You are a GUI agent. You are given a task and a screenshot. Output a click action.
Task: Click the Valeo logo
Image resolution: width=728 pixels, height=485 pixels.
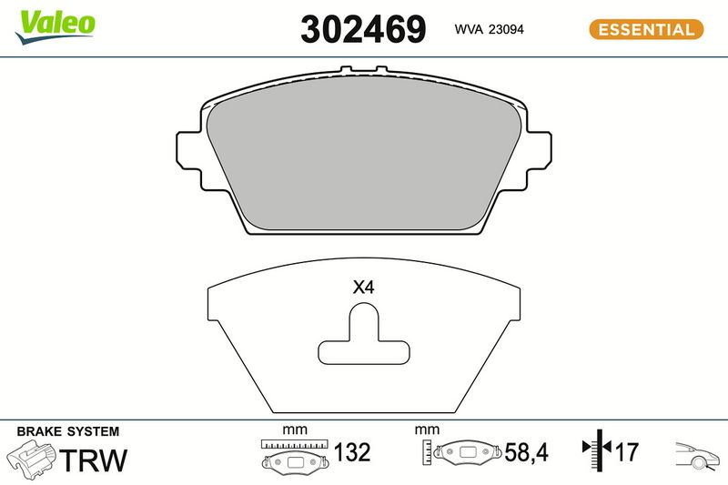pos(56,26)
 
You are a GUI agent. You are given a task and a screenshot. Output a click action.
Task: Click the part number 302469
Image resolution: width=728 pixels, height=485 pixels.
pos(363,29)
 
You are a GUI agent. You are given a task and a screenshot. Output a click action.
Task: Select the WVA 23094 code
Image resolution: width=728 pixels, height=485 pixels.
pos(489,29)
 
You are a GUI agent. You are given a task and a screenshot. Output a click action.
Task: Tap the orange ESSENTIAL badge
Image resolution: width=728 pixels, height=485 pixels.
pos(646,30)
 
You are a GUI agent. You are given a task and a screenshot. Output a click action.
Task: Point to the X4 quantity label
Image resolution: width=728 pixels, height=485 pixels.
pos(363,288)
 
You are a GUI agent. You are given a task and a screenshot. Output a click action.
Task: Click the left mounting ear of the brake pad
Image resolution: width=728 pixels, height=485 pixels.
pos(189,160)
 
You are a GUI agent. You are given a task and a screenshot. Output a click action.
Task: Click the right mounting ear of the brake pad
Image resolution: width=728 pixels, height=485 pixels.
pos(538,160)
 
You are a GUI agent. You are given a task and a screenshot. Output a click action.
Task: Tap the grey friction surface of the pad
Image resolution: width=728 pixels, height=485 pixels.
pos(364,154)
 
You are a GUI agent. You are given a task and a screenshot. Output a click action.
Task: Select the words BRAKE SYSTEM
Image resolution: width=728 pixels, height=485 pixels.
pos(67,431)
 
